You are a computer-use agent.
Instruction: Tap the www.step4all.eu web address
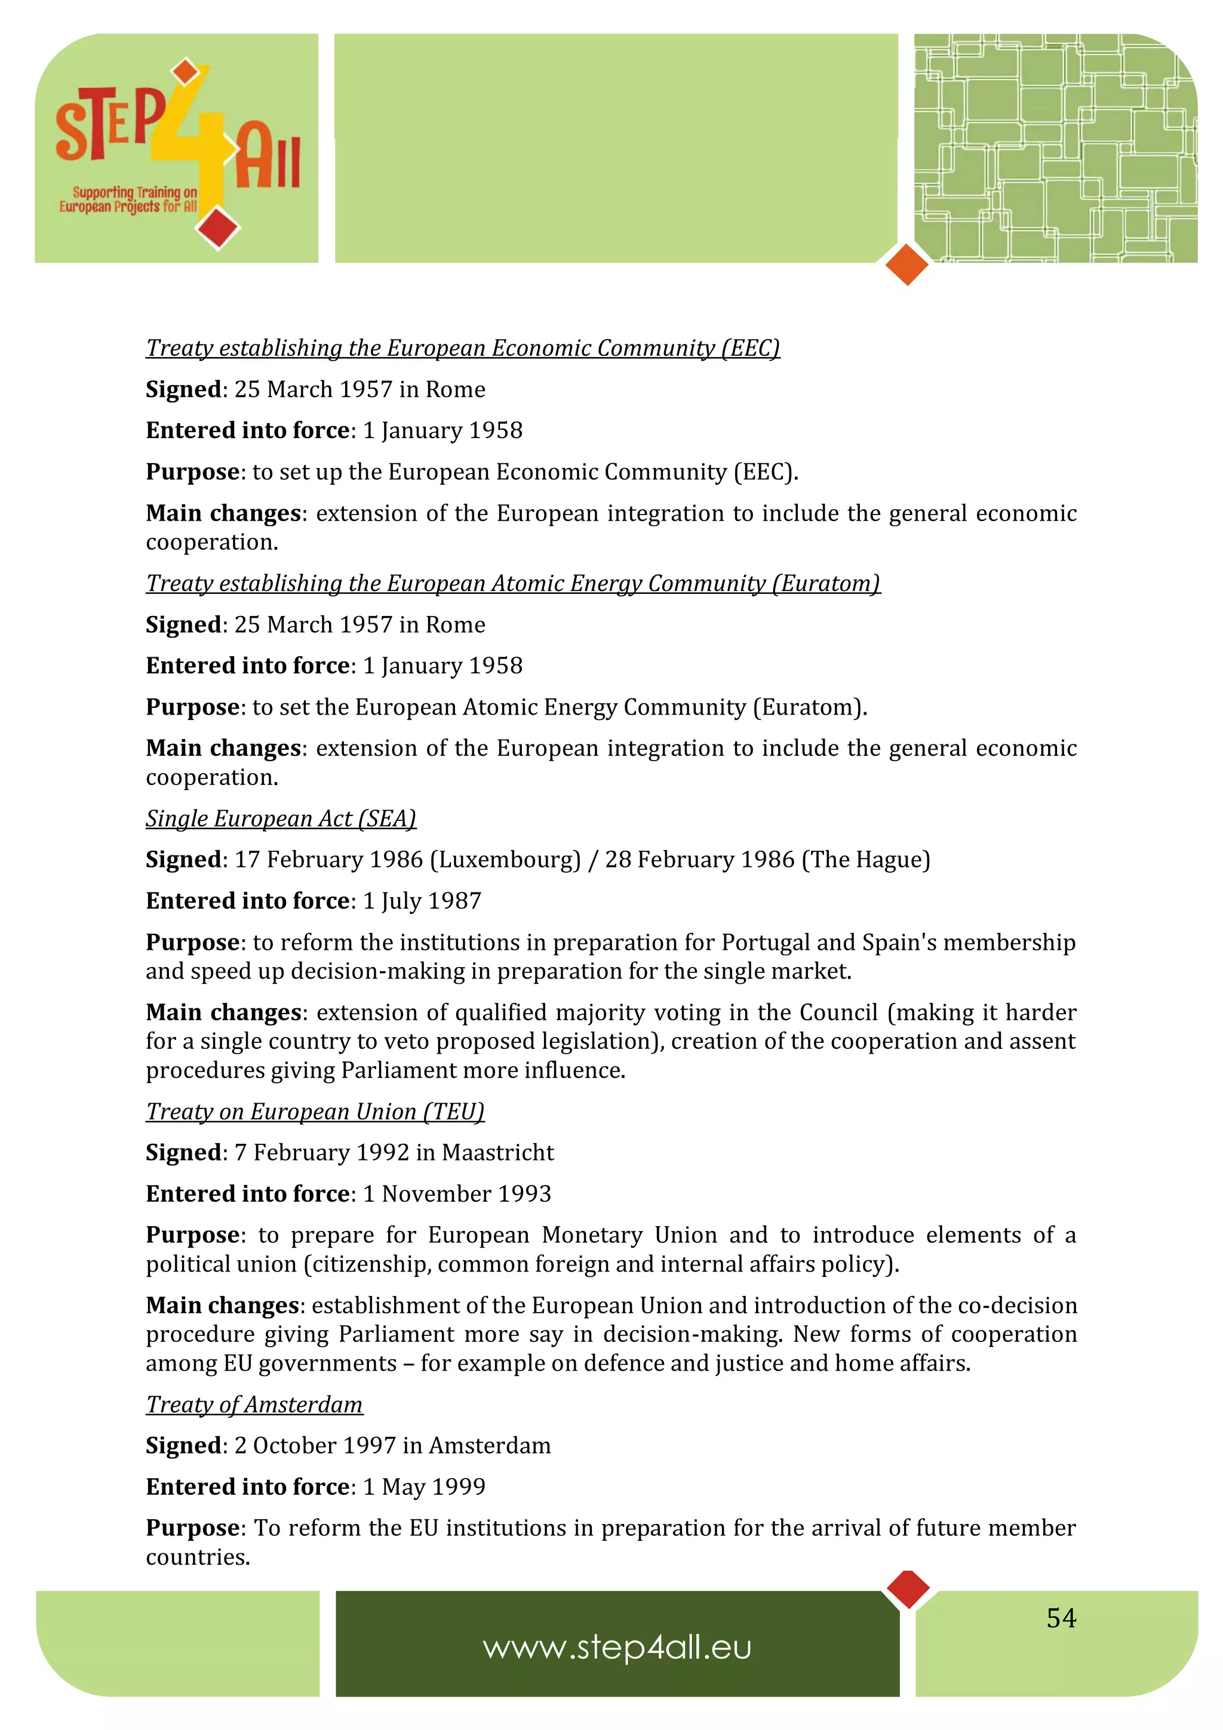click(x=617, y=1648)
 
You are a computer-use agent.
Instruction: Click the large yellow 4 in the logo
click(x=195, y=143)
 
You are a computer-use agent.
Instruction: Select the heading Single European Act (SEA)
click(x=280, y=818)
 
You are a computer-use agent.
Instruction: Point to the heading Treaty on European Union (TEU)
click(x=315, y=1112)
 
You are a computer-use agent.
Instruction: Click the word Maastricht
click(x=497, y=1153)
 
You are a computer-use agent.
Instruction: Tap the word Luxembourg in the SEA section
click(x=505, y=860)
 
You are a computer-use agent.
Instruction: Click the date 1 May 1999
click(x=424, y=1486)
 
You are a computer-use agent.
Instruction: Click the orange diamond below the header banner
click(x=907, y=264)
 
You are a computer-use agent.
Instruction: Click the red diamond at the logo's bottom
click(x=218, y=227)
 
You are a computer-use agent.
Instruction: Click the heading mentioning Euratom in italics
click(x=512, y=583)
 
